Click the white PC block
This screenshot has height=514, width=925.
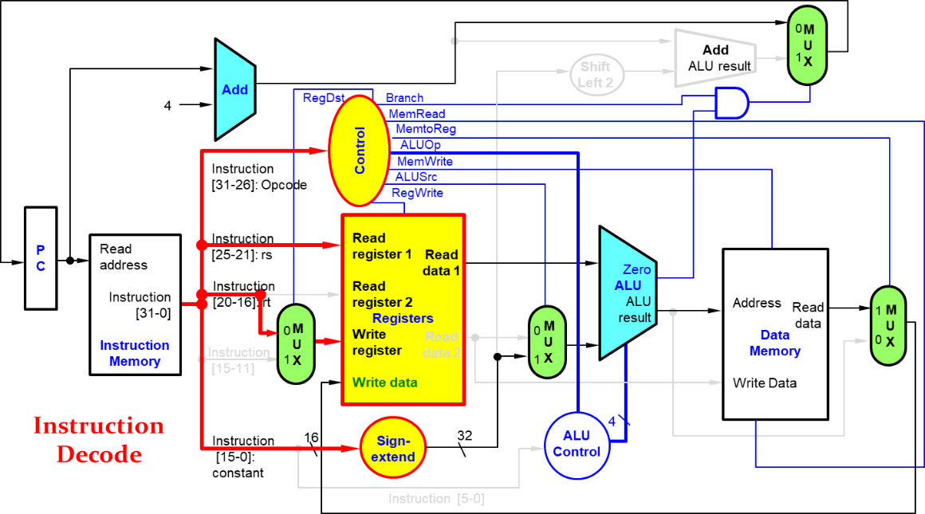point(41,258)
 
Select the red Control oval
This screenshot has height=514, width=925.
point(359,150)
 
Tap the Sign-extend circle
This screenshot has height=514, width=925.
point(393,449)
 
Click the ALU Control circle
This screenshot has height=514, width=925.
point(577,445)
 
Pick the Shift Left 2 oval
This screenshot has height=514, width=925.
point(596,75)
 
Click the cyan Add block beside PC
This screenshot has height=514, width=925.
point(234,89)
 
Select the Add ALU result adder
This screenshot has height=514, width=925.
point(715,58)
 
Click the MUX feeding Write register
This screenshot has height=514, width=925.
point(297,343)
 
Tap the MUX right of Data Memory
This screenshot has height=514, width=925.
point(888,325)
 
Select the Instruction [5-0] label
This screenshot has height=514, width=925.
point(435,499)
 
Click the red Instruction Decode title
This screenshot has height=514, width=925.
point(99,439)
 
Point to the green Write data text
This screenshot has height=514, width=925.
point(384,383)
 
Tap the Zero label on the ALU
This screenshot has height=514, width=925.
point(636,269)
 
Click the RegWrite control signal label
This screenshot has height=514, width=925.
point(417,193)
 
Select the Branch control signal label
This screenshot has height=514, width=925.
point(404,97)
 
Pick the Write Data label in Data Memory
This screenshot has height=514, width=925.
point(764,383)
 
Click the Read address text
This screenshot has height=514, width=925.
point(124,257)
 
